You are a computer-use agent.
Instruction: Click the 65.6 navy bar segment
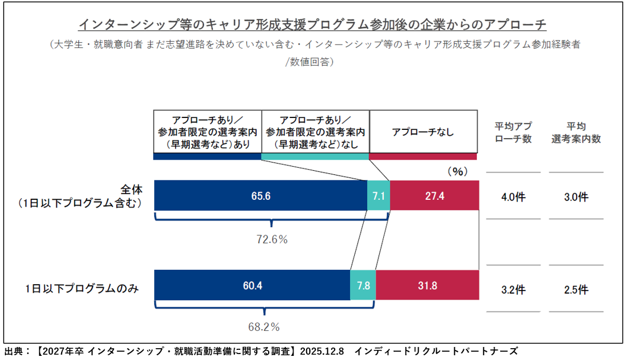pyautogui.click(x=260, y=196)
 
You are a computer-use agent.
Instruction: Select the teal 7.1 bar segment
pyautogui.click(x=378, y=196)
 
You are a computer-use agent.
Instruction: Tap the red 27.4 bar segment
pyautogui.click(x=434, y=196)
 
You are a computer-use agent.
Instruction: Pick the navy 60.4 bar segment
pyautogui.click(x=252, y=285)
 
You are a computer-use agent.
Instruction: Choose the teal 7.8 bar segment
pyautogui.click(x=363, y=285)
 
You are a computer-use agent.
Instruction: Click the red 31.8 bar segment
pyautogui.click(x=427, y=285)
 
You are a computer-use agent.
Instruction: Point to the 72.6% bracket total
pyautogui.click(x=271, y=240)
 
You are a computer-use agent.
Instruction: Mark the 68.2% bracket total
pyautogui.click(x=263, y=327)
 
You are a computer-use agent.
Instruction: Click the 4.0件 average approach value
pyautogui.click(x=513, y=197)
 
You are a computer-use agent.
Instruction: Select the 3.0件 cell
pyautogui.click(x=576, y=197)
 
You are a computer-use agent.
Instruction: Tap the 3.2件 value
pyautogui.click(x=513, y=290)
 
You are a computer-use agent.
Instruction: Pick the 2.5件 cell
pyautogui.click(x=576, y=290)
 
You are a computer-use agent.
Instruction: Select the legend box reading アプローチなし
pyautogui.click(x=423, y=132)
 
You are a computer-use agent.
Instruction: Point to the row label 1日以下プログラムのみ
pyautogui.click(x=82, y=289)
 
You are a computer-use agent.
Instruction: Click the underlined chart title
pyautogui.click(x=313, y=25)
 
